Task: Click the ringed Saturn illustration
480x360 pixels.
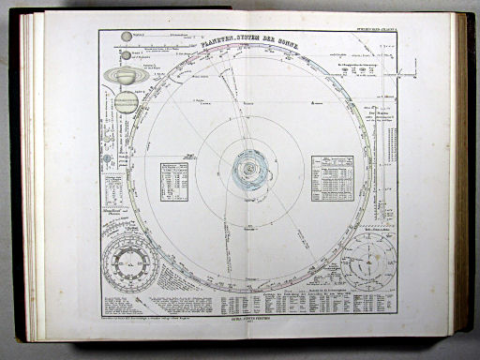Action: point(125,75)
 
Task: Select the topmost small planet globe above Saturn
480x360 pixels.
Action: point(126,37)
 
